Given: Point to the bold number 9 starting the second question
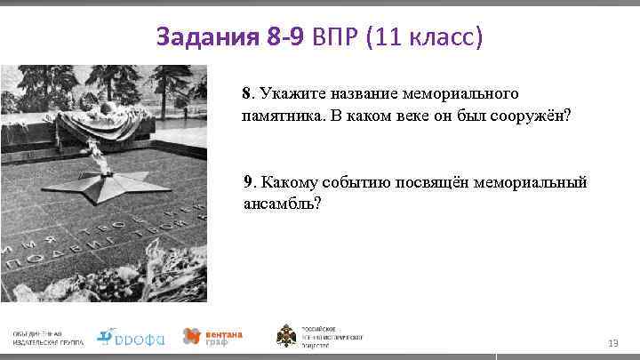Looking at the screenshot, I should click(249, 182).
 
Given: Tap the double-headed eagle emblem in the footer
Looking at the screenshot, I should click(288, 337).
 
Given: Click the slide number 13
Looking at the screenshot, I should click(612, 343).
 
